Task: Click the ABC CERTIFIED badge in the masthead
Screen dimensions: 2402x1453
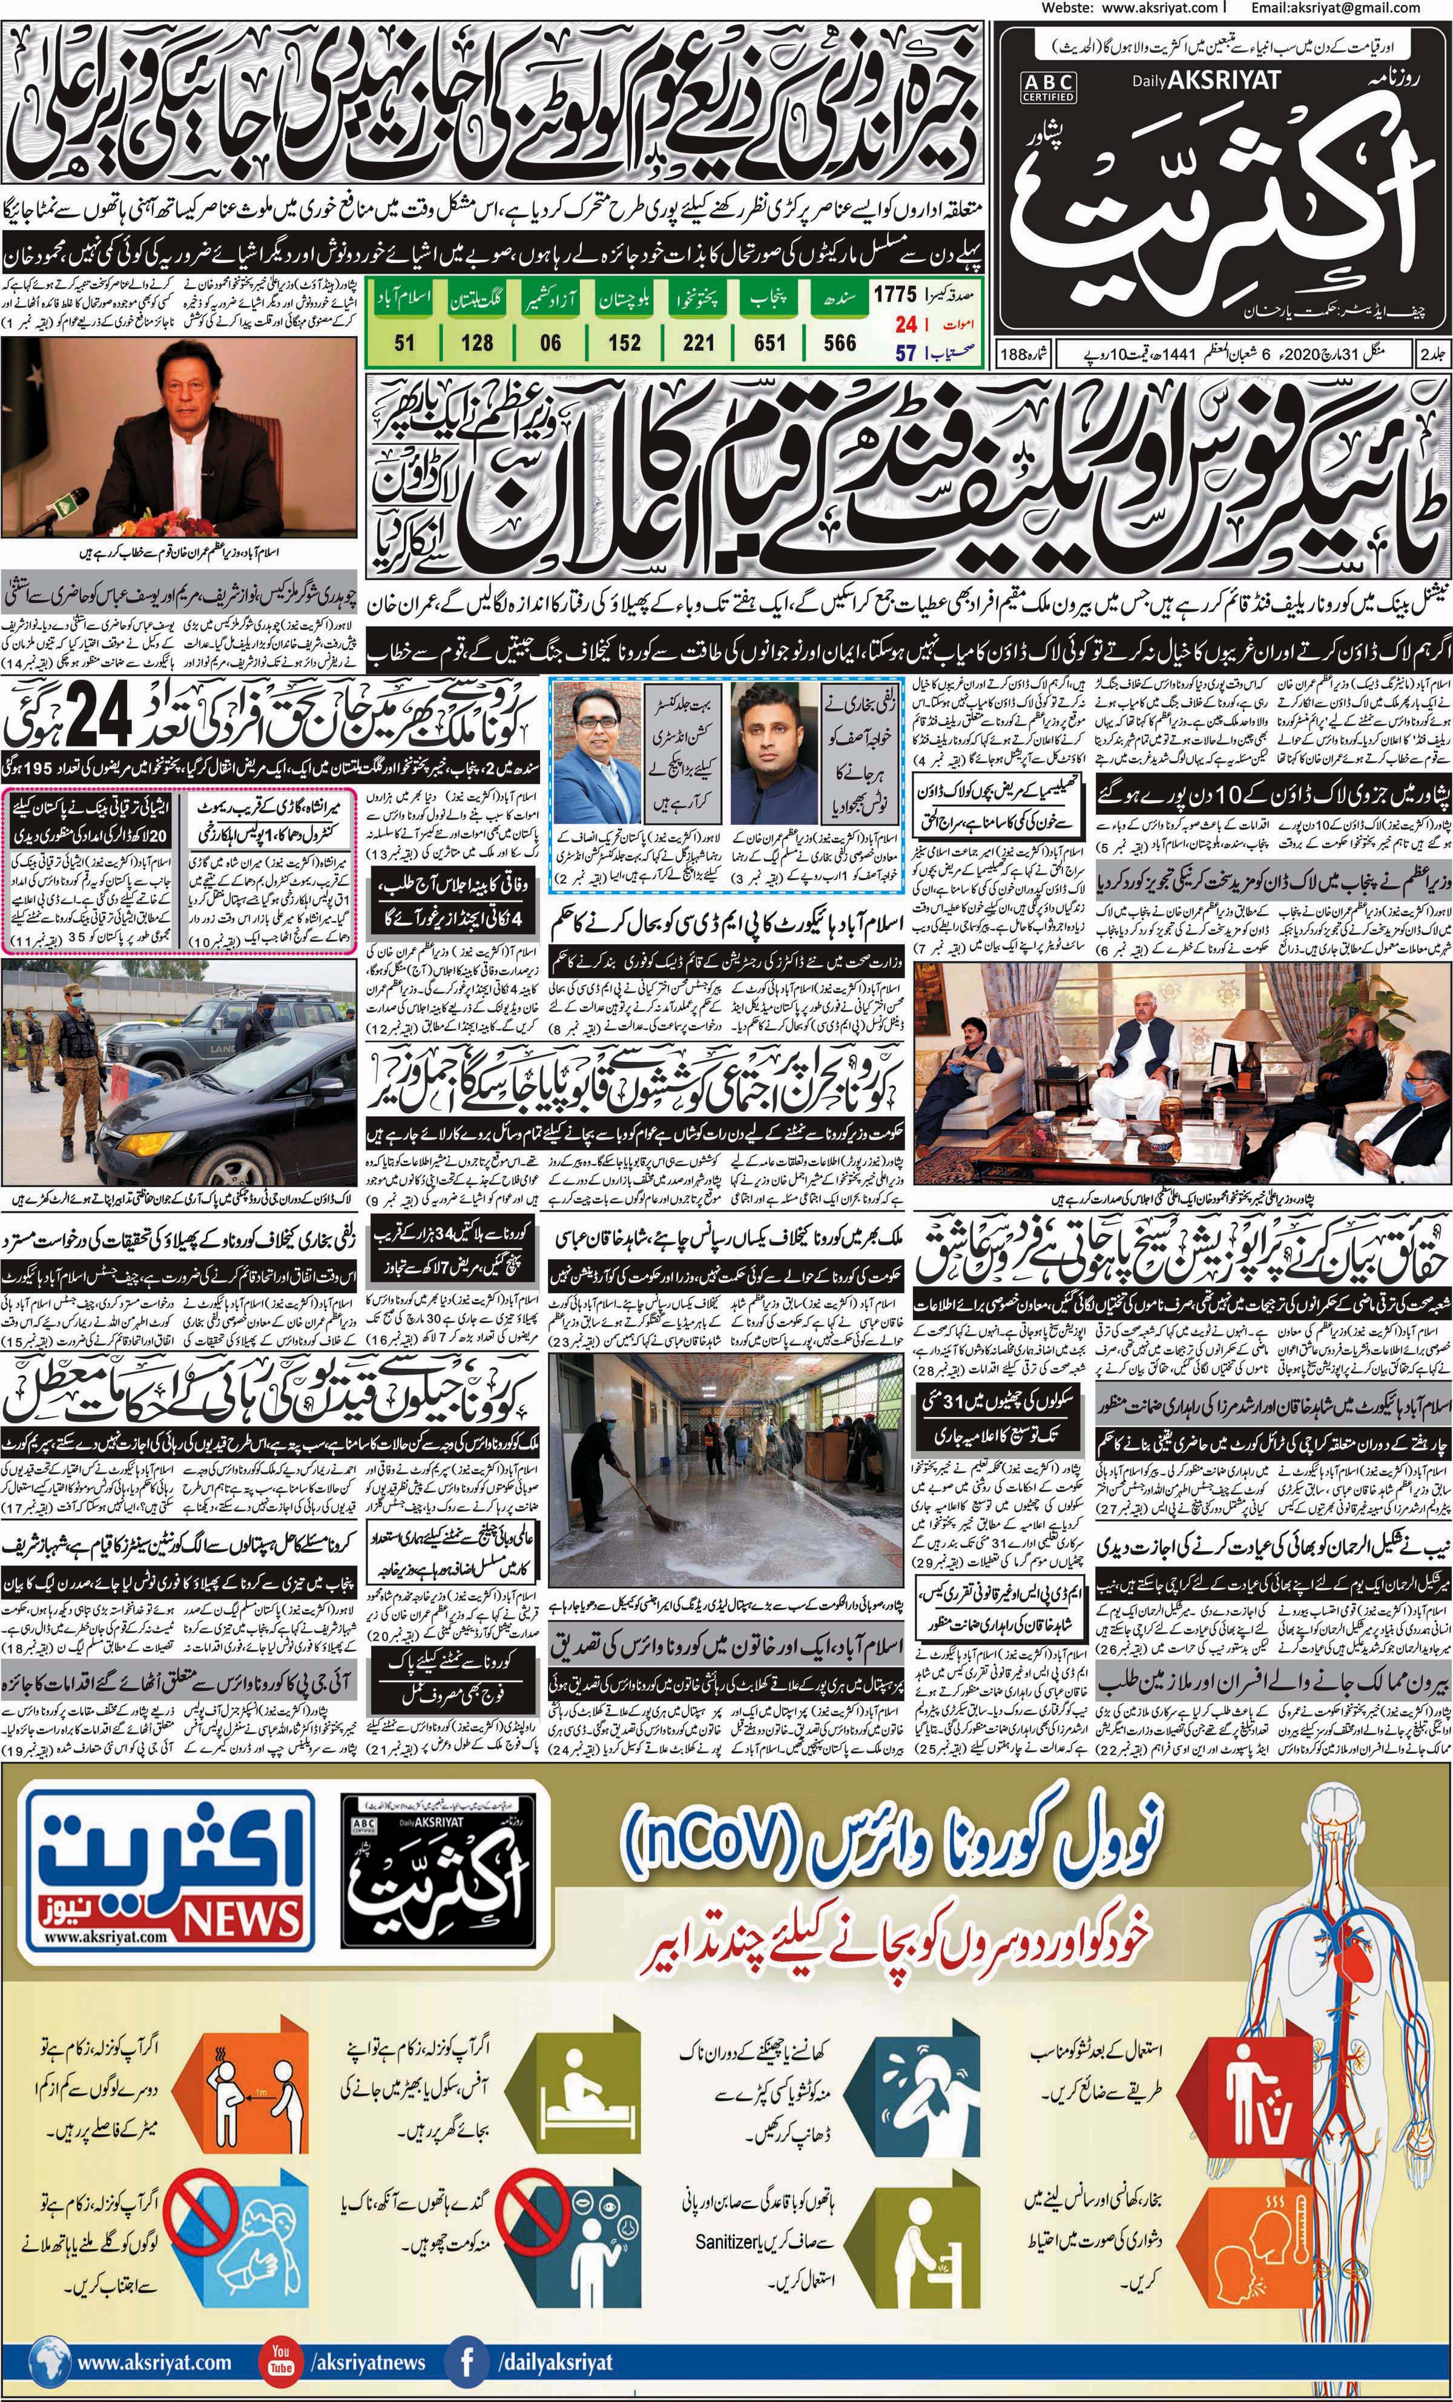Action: click(1049, 87)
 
